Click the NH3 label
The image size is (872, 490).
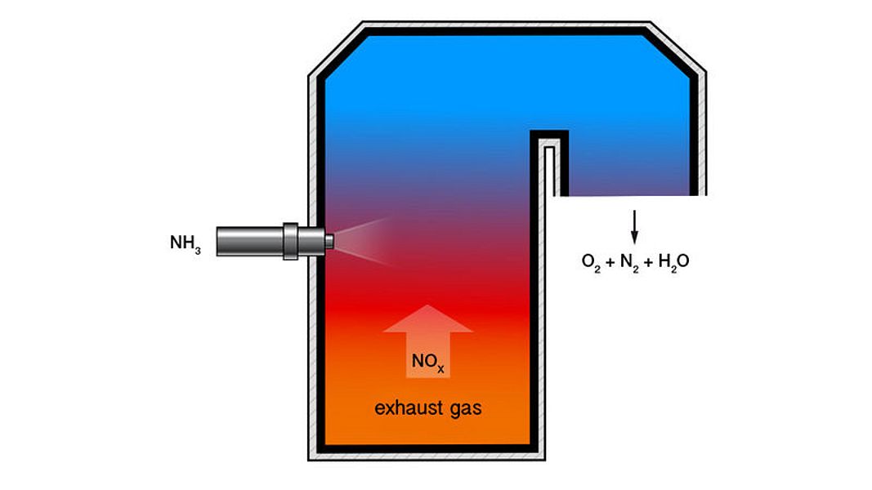pyautogui.click(x=186, y=244)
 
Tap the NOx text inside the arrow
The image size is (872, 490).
pyautogui.click(x=427, y=363)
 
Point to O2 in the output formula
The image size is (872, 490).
pyautogui.click(x=591, y=261)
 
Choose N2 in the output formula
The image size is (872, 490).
pyautogui.click(x=629, y=261)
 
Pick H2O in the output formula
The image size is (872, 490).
pyautogui.click(x=673, y=261)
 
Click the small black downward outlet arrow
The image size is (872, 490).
pyautogui.click(x=634, y=227)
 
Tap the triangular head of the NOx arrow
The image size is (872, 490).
pyautogui.click(x=427, y=318)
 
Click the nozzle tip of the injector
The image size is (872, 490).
pyautogui.click(x=329, y=241)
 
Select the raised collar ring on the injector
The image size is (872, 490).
pyautogui.click(x=290, y=241)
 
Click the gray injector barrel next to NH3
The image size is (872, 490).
pyautogui.click(x=249, y=241)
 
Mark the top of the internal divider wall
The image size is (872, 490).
pyautogui.click(x=549, y=134)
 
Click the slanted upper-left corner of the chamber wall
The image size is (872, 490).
pyautogui.click(x=337, y=49)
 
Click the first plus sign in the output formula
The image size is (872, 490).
pyautogui.click(x=610, y=261)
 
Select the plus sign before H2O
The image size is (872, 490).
pyautogui.click(x=648, y=261)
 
